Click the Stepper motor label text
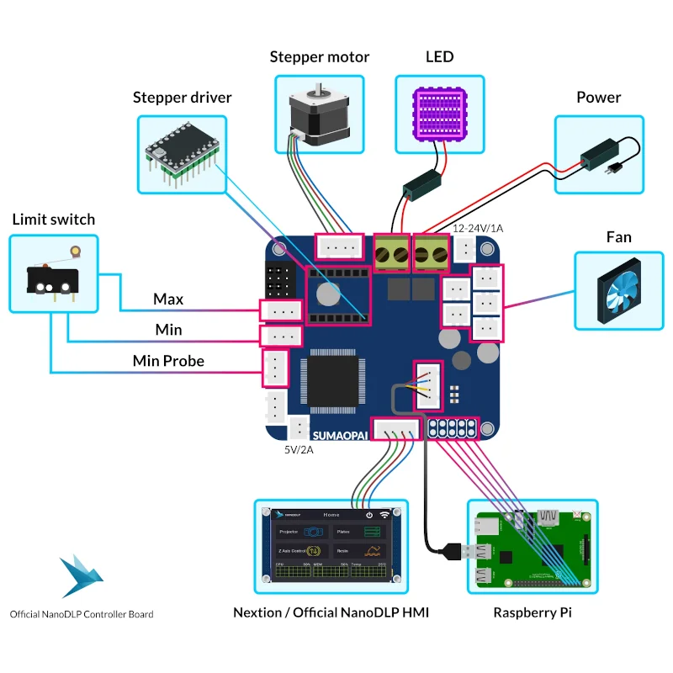pyautogui.click(x=319, y=57)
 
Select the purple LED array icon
pyautogui.click(x=440, y=114)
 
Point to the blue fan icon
pyautogui.click(x=618, y=290)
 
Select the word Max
pyautogui.click(x=168, y=299)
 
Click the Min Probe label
pyautogui.click(x=168, y=361)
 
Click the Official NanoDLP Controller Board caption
pyautogui.click(x=82, y=614)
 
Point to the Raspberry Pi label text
pyautogui.click(x=532, y=612)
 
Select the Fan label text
pyautogui.click(x=618, y=237)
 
